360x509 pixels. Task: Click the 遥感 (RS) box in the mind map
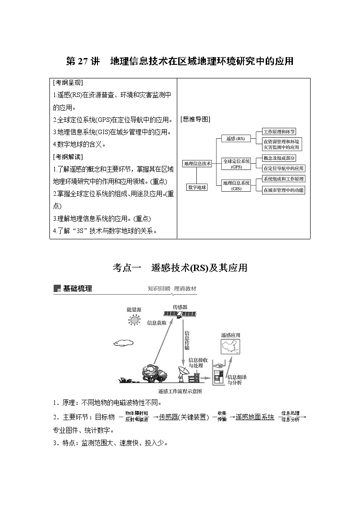[235, 139]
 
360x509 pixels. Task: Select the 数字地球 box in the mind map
[197, 187]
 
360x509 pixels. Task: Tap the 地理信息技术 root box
[197, 164]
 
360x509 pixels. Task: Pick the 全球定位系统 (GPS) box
[236, 164]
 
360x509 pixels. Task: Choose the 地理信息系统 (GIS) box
[236, 185]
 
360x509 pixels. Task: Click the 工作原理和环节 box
[279, 131]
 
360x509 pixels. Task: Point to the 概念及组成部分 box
[279, 158]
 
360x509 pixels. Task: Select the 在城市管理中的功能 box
[284, 190]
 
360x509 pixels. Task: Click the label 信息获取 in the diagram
[157, 323]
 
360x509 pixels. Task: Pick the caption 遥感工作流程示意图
[180, 391]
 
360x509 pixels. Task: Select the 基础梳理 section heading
[77, 288]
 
